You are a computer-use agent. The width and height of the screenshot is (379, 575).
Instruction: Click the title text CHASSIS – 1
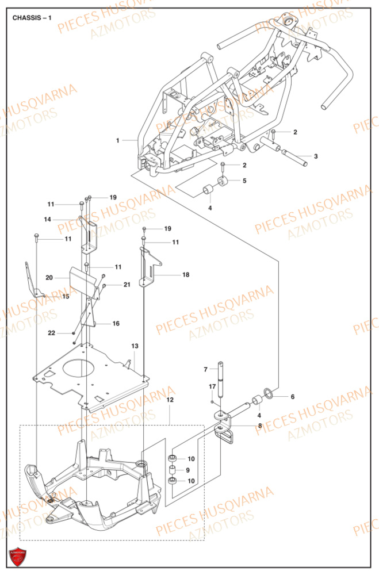[x=32, y=17]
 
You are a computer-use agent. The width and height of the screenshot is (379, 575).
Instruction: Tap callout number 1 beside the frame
[x=117, y=140]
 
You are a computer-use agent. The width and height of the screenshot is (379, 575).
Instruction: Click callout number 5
[x=244, y=181]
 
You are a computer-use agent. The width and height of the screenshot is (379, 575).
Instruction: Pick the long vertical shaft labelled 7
[x=220, y=385]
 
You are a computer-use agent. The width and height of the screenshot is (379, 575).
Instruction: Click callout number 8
[x=260, y=426]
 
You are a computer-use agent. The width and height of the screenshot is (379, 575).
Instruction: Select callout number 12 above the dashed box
[x=170, y=399]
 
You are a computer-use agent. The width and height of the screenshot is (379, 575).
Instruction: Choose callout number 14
[x=48, y=219]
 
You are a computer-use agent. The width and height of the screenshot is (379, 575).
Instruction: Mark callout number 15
[x=65, y=297]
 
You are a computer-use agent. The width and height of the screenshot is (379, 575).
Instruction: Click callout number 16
[x=116, y=324]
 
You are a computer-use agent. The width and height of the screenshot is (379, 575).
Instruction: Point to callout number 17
[x=212, y=386]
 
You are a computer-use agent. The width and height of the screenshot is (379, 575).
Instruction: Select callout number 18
[x=185, y=275]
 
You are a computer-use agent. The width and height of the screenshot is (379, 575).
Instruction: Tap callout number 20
[x=49, y=278]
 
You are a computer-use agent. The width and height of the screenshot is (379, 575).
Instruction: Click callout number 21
[x=127, y=285]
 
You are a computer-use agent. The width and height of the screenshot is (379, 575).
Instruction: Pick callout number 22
[x=51, y=333]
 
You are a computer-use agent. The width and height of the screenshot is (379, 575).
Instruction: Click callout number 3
[x=315, y=156]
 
